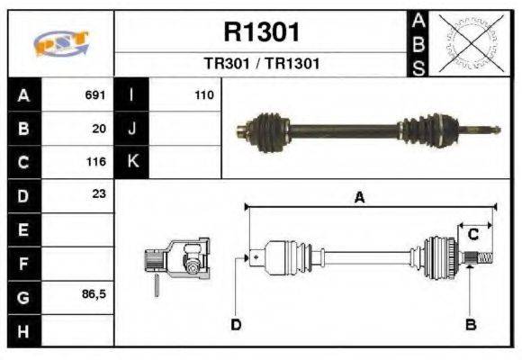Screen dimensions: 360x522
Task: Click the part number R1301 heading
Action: tap(261, 33)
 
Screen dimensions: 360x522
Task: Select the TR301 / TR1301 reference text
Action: tap(261, 64)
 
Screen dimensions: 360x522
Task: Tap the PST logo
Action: tap(60, 44)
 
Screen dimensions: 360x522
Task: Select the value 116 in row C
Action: tap(95, 163)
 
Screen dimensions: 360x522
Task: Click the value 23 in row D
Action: tap(99, 194)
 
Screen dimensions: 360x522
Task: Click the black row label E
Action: tap(23, 229)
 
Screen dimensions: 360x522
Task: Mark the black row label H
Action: tap(23, 331)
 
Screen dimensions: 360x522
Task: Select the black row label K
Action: tap(132, 162)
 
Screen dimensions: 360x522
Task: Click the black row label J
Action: tap(132, 129)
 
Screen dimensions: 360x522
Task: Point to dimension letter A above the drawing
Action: tap(359, 198)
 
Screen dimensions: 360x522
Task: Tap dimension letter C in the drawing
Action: tap(472, 234)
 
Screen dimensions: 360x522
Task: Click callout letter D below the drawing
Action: tap(236, 324)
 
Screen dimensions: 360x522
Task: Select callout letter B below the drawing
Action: tap(470, 324)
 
